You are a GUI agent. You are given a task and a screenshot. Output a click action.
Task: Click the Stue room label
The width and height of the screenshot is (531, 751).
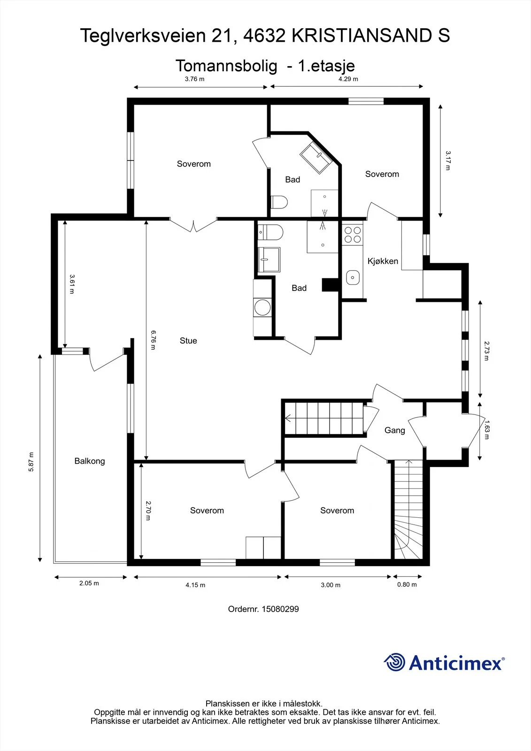(x=188, y=341)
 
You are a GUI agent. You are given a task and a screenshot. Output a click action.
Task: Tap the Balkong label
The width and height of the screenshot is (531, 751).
(x=90, y=461)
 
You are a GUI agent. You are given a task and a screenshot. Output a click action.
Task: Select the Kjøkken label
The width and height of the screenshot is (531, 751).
(x=383, y=261)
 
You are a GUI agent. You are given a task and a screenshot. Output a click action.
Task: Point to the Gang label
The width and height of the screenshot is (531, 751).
(x=394, y=430)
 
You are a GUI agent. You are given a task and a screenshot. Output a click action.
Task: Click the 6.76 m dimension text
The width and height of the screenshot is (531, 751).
(x=153, y=340)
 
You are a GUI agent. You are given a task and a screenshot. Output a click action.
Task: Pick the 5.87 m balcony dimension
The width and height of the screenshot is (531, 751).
(x=31, y=462)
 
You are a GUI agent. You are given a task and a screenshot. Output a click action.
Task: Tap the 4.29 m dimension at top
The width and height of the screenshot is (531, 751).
(x=348, y=79)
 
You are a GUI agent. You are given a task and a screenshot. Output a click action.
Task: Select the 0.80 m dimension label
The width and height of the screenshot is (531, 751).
(x=407, y=584)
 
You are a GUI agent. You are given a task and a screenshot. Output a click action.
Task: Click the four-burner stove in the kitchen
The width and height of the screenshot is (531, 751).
(x=353, y=234)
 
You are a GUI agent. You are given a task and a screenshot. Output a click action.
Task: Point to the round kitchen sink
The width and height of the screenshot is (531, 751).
(x=353, y=277)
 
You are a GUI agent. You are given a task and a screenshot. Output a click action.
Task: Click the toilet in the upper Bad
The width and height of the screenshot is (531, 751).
(x=279, y=202)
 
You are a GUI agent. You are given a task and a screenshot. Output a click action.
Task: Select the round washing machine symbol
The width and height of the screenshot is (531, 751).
(x=262, y=307)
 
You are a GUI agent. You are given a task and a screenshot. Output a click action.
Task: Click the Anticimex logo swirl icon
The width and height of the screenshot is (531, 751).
(x=394, y=662)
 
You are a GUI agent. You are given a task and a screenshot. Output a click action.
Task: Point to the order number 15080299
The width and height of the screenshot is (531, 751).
(x=263, y=609)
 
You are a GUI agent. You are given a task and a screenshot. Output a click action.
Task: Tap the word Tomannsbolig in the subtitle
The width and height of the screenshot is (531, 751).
(x=226, y=66)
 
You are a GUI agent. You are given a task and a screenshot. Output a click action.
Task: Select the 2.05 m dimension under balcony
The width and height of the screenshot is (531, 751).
(x=89, y=583)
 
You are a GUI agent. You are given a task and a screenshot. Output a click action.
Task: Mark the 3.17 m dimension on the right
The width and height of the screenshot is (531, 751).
(x=448, y=161)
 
